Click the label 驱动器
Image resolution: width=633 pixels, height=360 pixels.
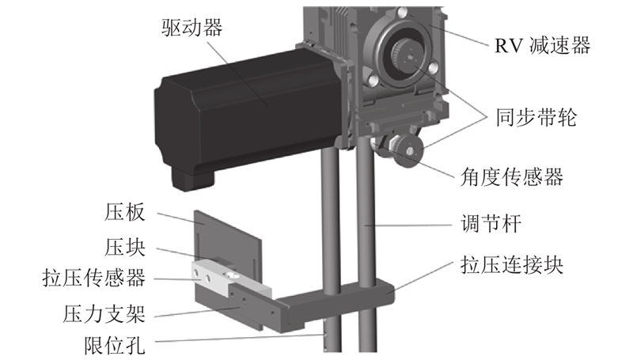pos(192,28)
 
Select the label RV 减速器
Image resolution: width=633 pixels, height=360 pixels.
pos(543,45)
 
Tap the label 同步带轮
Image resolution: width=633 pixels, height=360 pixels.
pos(536,117)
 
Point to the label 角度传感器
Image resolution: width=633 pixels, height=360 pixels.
pos(512,176)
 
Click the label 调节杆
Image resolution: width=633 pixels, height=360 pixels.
pos(491,223)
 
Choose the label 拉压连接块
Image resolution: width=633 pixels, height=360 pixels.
pos(512,265)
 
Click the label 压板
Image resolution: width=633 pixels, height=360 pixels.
pos(125,212)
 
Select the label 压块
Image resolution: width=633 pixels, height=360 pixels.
pos(125,247)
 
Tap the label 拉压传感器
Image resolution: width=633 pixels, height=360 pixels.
pos(93,278)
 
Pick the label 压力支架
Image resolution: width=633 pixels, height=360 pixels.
pos(104,313)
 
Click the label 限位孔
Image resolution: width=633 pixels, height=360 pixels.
pos(115,346)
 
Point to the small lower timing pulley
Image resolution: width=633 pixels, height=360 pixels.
pos(407,151)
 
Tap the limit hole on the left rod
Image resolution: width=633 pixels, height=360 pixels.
pos(325,334)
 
